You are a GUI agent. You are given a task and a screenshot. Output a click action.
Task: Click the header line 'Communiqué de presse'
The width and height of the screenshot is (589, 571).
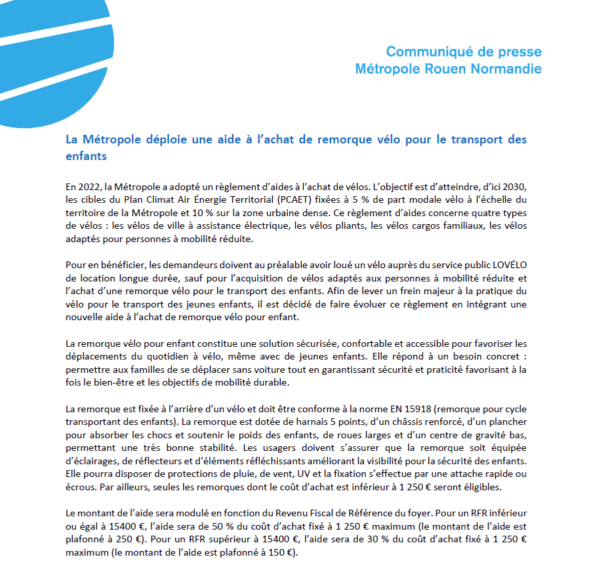(x=464, y=52)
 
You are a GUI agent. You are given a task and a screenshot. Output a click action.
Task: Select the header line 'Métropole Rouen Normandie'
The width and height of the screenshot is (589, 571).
(x=448, y=69)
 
